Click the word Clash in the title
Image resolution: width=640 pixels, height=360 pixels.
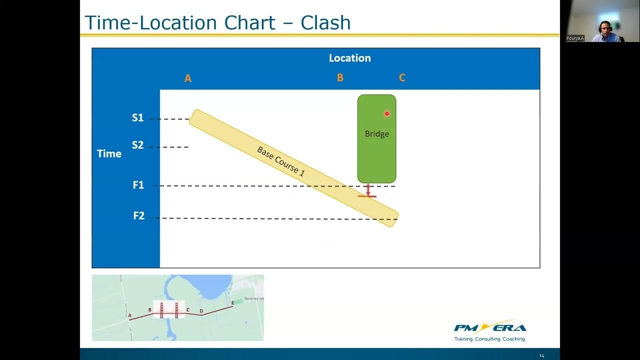[325, 23]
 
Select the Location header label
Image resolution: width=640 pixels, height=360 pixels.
[349, 58]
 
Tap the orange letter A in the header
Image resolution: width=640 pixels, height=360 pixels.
[188, 78]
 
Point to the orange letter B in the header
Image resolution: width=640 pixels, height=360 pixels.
[340, 77]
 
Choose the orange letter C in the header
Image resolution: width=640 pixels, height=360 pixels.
[402, 77]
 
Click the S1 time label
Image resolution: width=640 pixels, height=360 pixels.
[137, 118]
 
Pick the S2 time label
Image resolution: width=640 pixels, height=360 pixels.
[137, 145]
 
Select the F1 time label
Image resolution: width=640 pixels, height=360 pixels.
[138, 185]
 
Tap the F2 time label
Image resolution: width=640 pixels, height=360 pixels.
[138, 216]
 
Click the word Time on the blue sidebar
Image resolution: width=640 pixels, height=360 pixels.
[109, 153]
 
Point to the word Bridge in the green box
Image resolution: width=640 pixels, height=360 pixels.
[376, 134]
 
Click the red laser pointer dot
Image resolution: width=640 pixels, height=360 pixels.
[386, 114]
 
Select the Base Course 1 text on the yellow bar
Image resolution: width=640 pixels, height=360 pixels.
[280, 161]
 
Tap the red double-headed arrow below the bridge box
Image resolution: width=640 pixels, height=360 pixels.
[368, 190]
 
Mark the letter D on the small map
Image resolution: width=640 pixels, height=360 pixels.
[201, 311]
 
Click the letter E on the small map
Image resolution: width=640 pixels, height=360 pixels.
[232, 303]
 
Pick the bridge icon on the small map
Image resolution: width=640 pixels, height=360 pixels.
[168, 310]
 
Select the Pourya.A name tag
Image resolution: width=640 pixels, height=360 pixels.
[575, 38]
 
